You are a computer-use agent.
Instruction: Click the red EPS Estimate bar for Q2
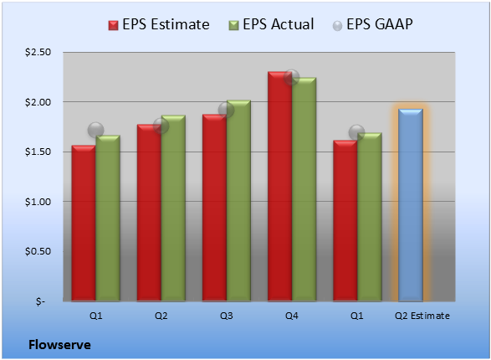pyautogui.click(x=149, y=213)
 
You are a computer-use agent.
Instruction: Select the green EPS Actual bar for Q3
pyautogui.click(x=238, y=201)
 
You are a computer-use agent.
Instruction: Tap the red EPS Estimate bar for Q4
pyautogui.click(x=279, y=187)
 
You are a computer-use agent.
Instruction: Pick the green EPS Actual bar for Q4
pyautogui.click(x=304, y=189)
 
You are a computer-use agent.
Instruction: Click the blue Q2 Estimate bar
pyautogui.click(x=411, y=205)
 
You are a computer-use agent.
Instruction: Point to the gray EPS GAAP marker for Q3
pyautogui.click(x=226, y=110)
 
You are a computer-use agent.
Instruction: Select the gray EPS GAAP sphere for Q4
pyautogui.click(x=292, y=77)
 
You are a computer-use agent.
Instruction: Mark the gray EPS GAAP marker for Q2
pyautogui.click(x=161, y=126)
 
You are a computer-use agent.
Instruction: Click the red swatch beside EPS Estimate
pyautogui.click(x=114, y=25)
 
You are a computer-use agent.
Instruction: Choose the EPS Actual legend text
pyautogui.click(x=278, y=24)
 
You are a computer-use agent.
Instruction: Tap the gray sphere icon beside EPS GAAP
pyautogui.click(x=337, y=26)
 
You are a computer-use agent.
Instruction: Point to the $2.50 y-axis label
pyautogui.click(x=38, y=52)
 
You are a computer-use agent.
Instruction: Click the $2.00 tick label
pyautogui.click(x=38, y=102)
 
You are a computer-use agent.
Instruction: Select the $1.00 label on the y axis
pyautogui.click(x=38, y=202)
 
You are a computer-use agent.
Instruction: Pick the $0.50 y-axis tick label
pyautogui.click(x=38, y=251)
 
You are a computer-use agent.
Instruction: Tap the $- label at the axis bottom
pyautogui.click(x=40, y=301)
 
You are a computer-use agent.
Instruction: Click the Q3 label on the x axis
pyautogui.click(x=227, y=316)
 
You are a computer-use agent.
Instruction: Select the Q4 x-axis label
pyautogui.click(x=292, y=316)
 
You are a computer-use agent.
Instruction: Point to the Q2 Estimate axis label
pyautogui.click(x=422, y=316)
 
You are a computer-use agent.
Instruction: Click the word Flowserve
pyautogui.click(x=59, y=345)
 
